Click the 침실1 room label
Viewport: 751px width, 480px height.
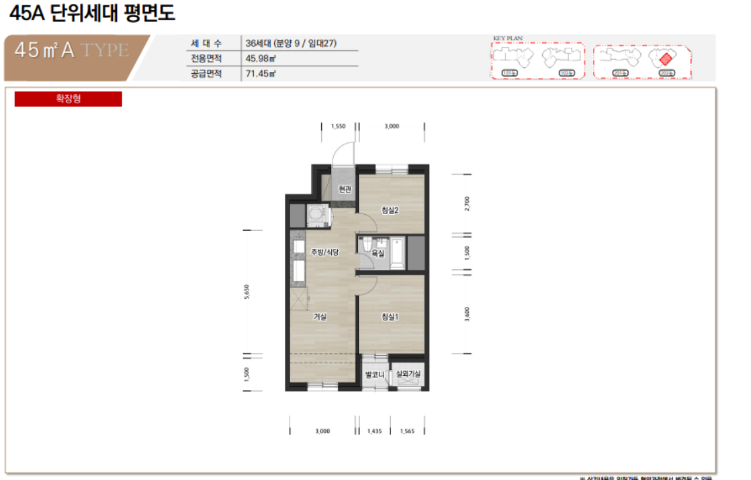(390, 318)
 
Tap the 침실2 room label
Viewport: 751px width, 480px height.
(390, 210)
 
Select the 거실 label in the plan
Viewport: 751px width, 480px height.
(320, 318)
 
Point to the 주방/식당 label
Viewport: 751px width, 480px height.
(324, 252)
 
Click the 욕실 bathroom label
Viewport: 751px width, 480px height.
(378, 254)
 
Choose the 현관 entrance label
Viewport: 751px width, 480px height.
(345, 190)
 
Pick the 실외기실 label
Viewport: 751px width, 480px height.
(408, 375)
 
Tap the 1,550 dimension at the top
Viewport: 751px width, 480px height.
(338, 126)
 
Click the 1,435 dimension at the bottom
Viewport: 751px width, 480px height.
(375, 432)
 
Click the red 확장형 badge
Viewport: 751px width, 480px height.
(68, 99)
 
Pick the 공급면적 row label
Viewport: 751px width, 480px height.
(206, 73)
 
